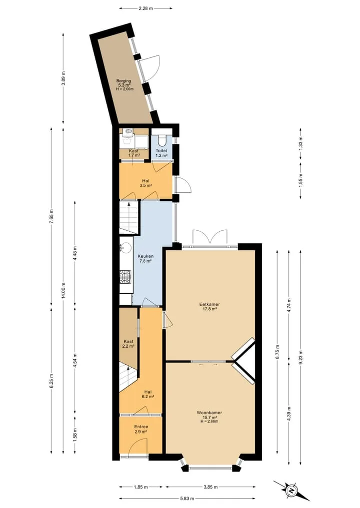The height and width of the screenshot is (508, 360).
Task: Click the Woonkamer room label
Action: click(x=209, y=413)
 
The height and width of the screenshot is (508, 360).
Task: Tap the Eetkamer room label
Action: click(x=209, y=304)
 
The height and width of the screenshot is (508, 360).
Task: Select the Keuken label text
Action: click(x=145, y=256)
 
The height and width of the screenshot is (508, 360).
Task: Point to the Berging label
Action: click(x=124, y=81)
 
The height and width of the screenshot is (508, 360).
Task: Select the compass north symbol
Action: click(x=292, y=491)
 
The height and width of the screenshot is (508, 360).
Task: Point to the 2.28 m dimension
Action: click(x=145, y=8)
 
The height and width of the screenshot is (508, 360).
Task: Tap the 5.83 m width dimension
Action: click(x=187, y=499)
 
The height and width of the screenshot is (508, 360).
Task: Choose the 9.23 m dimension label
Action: click(x=300, y=356)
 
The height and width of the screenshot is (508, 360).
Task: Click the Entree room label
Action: click(x=141, y=427)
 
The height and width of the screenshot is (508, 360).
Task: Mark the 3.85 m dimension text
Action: click(x=210, y=487)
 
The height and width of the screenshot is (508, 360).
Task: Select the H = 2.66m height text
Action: click(x=209, y=421)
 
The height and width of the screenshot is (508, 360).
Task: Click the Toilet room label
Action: click(x=161, y=151)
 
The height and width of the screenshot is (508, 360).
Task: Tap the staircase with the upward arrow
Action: click(x=129, y=217)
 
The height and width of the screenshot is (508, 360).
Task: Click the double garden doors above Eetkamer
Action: click(x=210, y=237)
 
